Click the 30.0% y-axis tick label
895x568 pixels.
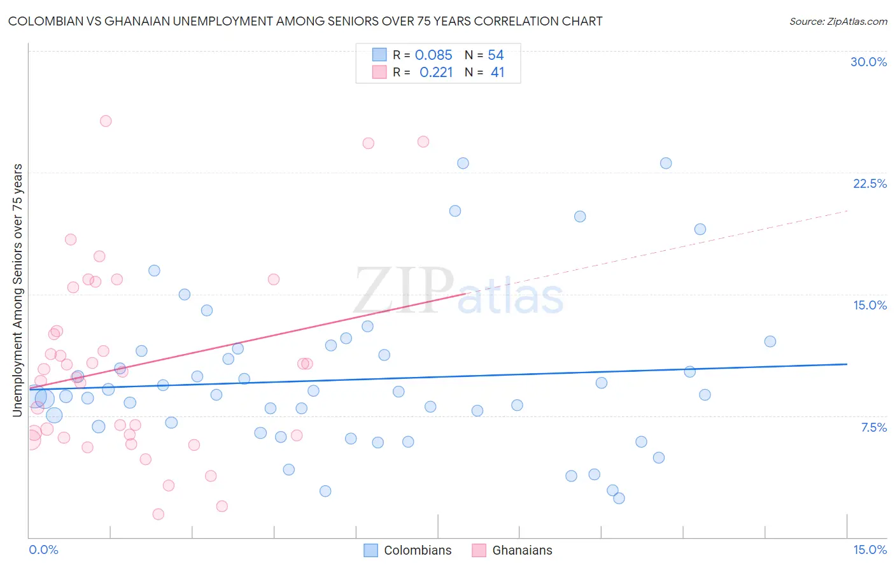[x=868, y=62]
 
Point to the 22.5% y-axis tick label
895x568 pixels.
[x=870, y=183]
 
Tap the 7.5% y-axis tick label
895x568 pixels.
[x=873, y=427]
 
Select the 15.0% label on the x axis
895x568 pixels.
[x=870, y=550]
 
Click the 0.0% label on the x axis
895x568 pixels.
[x=43, y=550]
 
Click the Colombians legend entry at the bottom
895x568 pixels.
[x=418, y=550]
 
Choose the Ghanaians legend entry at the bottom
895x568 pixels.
[x=522, y=550]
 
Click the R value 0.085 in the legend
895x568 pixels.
[x=433, y=55]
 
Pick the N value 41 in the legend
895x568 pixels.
[x=497, y=73]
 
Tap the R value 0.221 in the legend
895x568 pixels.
[x=436, y=73]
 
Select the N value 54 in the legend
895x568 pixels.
[x=496, y=55]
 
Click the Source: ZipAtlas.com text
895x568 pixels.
[x=838, y=22]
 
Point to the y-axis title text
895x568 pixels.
[x=17, y=290]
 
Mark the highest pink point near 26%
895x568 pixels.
[x=106, y=121]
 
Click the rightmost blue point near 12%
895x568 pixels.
[x=770, y=341]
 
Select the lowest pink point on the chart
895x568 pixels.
[x=159, y=514]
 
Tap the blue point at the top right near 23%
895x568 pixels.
[x=665, y=163]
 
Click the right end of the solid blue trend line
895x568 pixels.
[x=847, y=364]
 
